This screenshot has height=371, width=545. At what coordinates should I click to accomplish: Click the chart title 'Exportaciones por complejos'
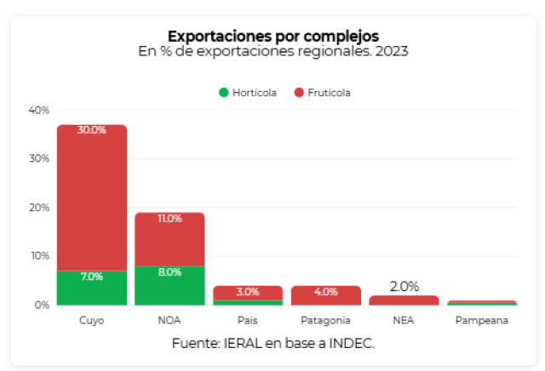[273, 36]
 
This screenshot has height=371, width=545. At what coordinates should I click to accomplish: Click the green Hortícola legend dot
[223, 93]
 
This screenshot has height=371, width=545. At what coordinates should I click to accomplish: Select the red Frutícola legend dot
[299, 93]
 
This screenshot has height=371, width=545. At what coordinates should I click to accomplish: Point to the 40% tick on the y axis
[39, 111]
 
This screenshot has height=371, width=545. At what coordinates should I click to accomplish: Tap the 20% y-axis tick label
[39, 208]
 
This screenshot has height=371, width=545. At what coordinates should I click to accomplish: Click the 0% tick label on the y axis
[42, 305]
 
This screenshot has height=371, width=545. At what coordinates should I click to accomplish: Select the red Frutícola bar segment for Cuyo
[92, 197]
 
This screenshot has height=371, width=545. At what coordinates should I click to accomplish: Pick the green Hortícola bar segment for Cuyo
[92, 288]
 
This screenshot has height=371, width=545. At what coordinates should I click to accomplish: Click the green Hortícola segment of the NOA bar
[169, 286]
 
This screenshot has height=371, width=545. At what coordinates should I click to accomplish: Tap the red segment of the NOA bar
[169, 239]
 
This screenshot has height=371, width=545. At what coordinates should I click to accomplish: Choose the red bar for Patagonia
[326, 295]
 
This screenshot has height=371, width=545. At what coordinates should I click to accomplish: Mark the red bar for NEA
[404, 300]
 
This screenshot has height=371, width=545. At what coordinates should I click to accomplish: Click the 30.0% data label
[92, 130]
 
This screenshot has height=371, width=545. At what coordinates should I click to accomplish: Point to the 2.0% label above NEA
[404, 287]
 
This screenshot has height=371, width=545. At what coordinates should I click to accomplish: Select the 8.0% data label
[169, 272]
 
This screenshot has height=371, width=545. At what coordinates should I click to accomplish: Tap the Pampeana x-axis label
[482, 320]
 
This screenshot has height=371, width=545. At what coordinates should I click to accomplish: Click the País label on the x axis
[248, 320]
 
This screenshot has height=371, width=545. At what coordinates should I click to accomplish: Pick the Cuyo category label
[92, 320]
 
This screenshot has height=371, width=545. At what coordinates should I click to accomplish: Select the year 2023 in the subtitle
[392, 51]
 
